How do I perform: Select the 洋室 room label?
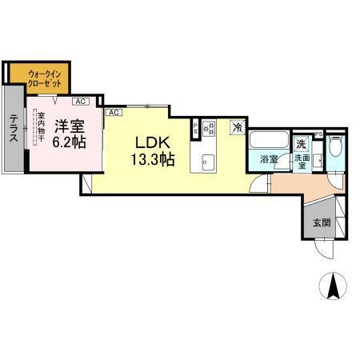70,126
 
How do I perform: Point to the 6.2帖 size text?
70,142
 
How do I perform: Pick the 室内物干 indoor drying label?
40,128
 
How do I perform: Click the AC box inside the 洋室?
80,102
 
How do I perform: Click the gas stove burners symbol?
210,126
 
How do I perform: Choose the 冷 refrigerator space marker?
237,126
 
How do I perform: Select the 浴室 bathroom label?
269,159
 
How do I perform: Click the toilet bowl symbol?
335,151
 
